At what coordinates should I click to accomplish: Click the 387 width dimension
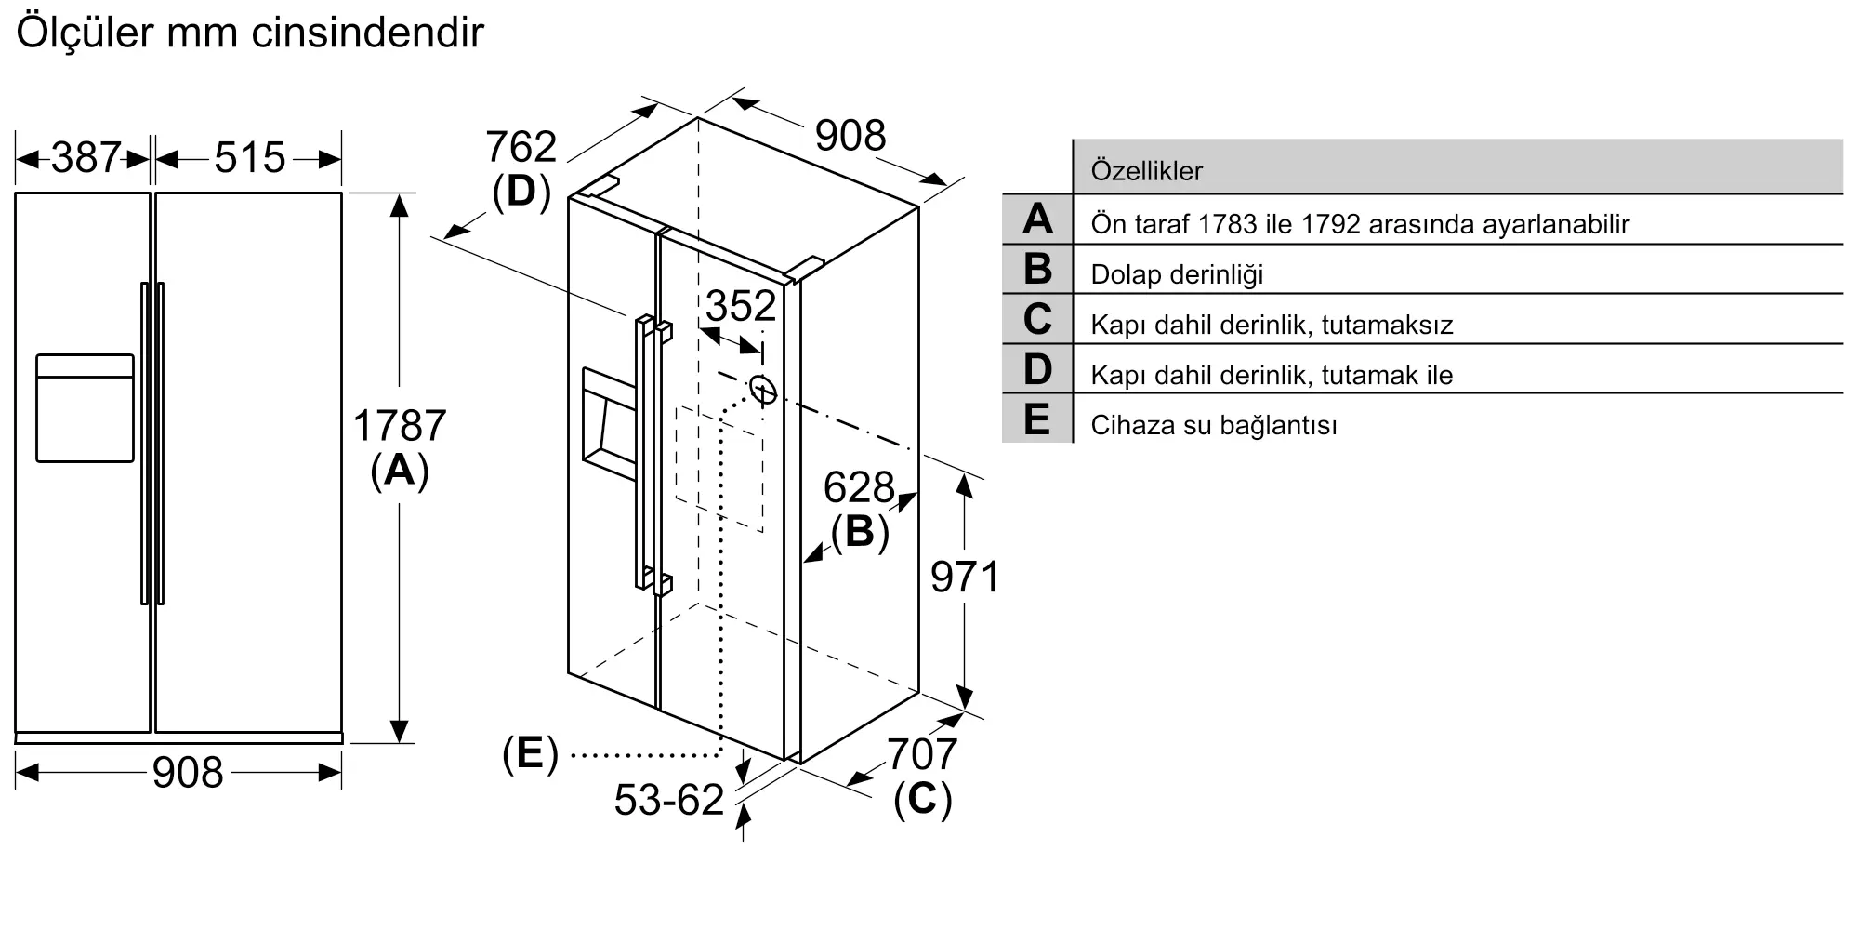coord(86,158)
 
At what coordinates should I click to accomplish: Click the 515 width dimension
coord(249,158)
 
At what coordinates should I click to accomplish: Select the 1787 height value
coord(400,426)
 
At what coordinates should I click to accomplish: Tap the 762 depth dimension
coord(521,147)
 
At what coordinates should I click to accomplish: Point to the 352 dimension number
coord(741,306)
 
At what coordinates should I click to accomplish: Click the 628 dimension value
coord(859,487)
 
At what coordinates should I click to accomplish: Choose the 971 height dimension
coord(965,578)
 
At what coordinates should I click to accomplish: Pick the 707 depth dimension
coord(922,754)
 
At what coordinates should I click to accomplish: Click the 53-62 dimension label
coord(669,800)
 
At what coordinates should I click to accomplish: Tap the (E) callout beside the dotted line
coord(530,753)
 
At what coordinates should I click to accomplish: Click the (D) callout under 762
coord(521,192)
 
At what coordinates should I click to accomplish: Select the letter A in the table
coord(1037,219)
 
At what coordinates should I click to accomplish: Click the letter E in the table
coord(1037,418)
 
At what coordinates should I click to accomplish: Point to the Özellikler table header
coord(1146,171)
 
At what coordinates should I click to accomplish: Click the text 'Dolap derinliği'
coord(1177,274)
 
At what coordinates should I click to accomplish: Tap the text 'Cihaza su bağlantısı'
coord(1214,425)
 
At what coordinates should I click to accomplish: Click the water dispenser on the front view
coord(85,407)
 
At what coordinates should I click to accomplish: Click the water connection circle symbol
coord(762,391)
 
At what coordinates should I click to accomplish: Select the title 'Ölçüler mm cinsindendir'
coord(250,33)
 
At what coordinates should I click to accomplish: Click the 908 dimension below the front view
coord(188,773)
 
